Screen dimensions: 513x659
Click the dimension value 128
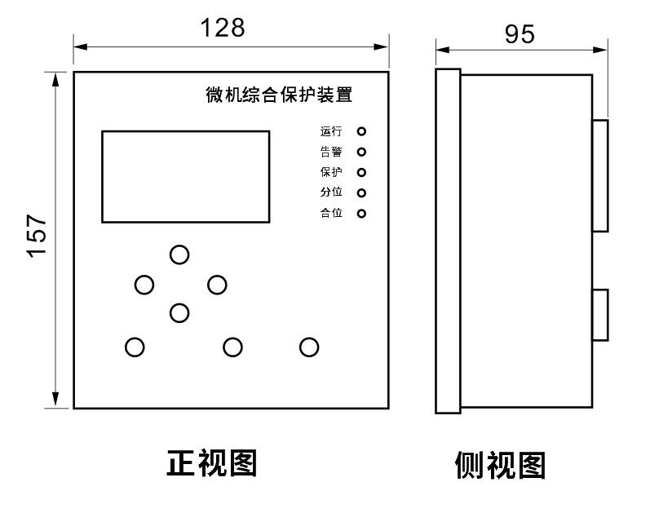point(223,29)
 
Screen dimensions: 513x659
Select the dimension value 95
point(520,33)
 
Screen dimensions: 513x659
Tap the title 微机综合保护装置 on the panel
point(279,95)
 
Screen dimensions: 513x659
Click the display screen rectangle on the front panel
point(185,176)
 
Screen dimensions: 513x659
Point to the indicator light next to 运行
point(361,130)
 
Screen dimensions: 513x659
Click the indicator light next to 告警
point(361,152)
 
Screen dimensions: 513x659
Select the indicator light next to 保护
point(361,172)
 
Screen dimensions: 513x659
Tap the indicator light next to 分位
point(361,193)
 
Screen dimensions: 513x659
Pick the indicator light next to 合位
point(361,214)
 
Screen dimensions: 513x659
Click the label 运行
point(331,130)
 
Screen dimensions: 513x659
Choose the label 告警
point(331,152)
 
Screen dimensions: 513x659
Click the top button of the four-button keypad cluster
point(179,254)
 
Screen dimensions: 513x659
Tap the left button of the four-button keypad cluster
point(144,285)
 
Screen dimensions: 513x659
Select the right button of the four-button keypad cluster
point(217,285)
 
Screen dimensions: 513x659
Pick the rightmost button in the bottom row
point(309,347)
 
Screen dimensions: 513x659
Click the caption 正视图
point(212,463)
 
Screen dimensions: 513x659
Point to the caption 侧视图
point(499,465)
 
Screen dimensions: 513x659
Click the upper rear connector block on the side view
point(599,175)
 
